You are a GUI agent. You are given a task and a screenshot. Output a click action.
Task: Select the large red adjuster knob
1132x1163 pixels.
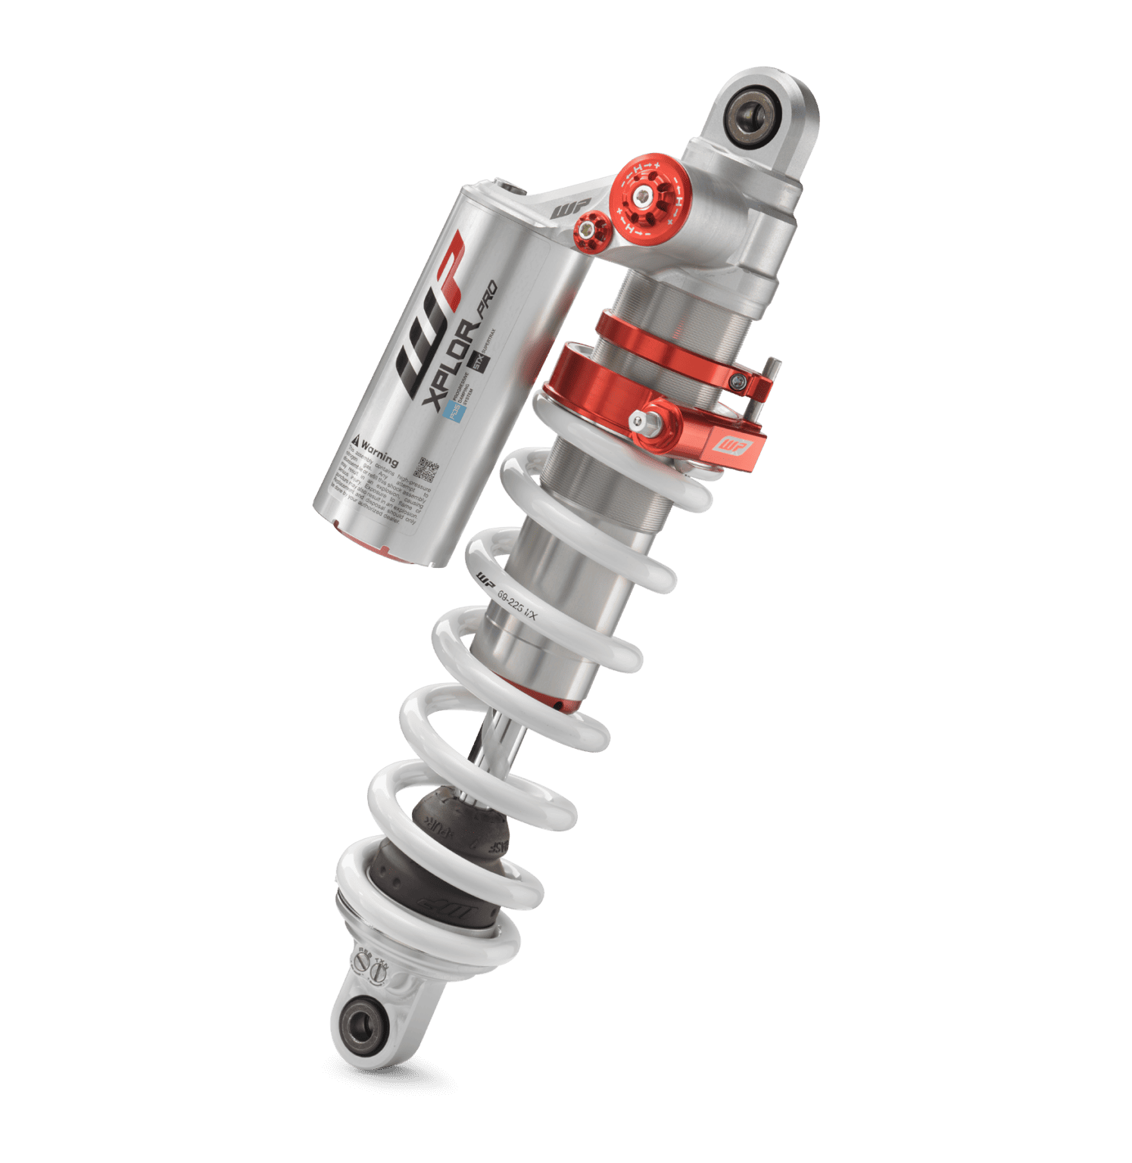click(647, 198)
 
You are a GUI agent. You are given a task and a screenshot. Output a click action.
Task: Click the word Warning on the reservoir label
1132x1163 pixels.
click(379, 451)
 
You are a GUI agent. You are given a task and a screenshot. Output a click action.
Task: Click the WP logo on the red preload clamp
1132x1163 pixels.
click(733, 446)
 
